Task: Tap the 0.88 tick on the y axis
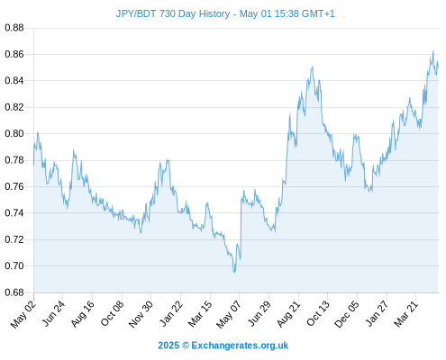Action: (x=14, y=28)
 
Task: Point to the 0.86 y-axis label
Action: (x=14, y=54)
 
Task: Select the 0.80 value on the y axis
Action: (x=14, y=133)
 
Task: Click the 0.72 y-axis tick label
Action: (x=14, y=239)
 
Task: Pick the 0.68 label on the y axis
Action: (x=14, y=292)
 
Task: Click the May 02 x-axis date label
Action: (x=23, y=314)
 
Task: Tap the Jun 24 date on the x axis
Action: (x=53, y=314)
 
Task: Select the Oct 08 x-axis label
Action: (x=112, y=314)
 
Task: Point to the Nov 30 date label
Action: (x=141, y=314)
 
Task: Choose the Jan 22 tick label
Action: (x=170, y=314)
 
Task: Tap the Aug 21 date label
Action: (x=288, y=314)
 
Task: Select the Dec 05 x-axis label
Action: (x=347, y=314)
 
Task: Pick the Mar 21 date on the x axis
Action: (x=406, y=314)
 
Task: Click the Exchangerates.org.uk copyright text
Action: (x=240, y=346)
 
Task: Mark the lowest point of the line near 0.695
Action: (x=234, y=273)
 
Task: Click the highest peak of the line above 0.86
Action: (x=433, y=51)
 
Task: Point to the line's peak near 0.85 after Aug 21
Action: (x=313, y=67)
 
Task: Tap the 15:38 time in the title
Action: (x=287, y=13)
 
